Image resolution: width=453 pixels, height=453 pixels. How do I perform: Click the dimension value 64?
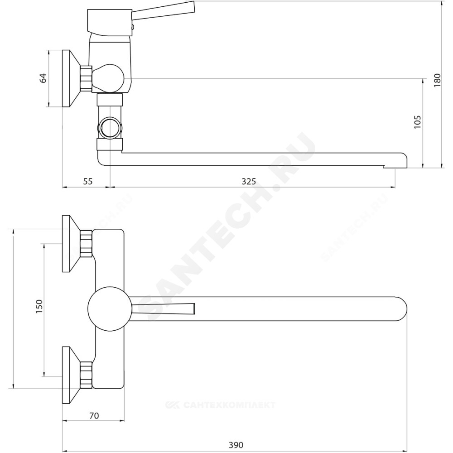pyautogui.click(x=43, y=78)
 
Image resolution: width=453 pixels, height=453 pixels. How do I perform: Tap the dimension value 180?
pyautogui.click(x=438, y=80)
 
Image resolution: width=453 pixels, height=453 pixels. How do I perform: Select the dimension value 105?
pyautogui.click(x=418, y=122)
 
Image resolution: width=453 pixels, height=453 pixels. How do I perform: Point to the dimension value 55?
pyautogui.click(x=87, y=182)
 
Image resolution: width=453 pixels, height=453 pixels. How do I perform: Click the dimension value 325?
pyautogui.click(x=249, y=182)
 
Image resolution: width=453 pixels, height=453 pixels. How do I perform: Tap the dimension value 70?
pyautogui.click(x=94, y=415)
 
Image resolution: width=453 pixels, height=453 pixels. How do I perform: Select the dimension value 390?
pyautogui.click(x=236, y=445)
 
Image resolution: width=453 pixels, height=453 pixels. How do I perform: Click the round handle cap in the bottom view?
pyautogui.click(x=110, y=309)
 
